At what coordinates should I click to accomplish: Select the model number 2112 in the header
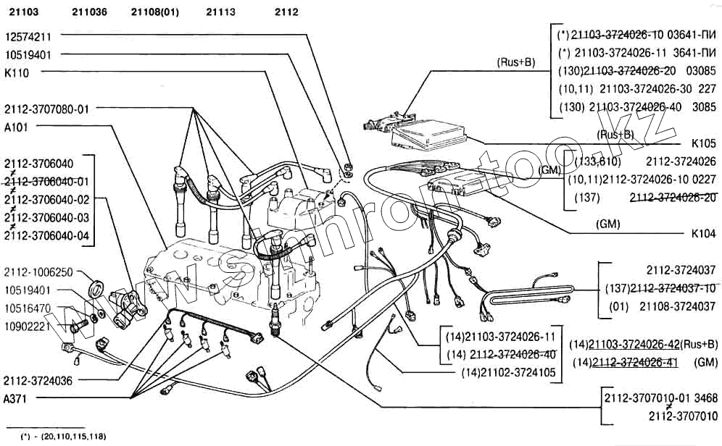286,12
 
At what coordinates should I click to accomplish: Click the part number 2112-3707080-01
46,109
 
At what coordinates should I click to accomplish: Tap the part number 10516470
28,308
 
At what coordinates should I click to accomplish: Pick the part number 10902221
28,326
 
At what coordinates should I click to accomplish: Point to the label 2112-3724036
38,380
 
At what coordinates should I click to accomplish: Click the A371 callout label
15,398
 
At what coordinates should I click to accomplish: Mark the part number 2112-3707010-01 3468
660,398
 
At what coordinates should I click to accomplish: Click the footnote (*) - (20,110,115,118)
64,437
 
